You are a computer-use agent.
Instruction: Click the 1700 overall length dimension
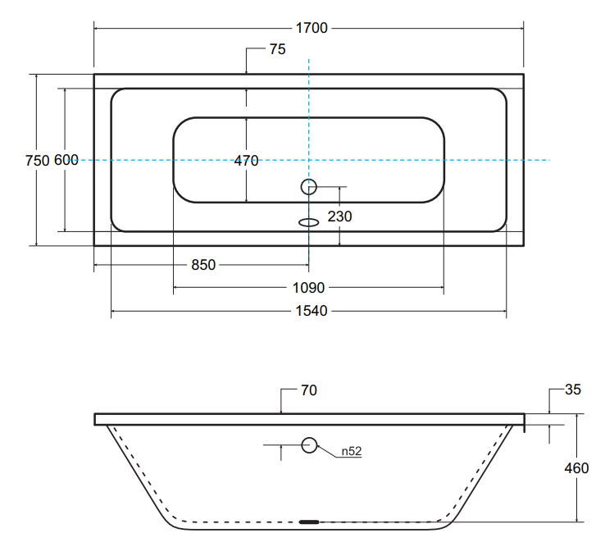pos(312,29)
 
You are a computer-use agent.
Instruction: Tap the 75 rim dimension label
pos(277,49)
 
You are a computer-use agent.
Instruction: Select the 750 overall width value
pos(38,161)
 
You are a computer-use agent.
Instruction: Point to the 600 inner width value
pos(66,161)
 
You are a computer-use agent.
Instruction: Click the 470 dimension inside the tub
pos(246,161)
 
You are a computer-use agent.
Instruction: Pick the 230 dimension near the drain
pos(339,216)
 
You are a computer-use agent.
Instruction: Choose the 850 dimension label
pos(202,265)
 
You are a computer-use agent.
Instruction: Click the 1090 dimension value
pos(309,288)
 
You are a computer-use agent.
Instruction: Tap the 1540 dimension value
pos(309,311)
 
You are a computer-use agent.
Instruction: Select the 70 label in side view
pos(308,390)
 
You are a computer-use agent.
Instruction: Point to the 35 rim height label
pos(572,390)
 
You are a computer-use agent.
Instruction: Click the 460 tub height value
pos(576,468)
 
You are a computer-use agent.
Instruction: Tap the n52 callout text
pos(352,451)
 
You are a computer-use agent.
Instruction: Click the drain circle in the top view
pos(308,187)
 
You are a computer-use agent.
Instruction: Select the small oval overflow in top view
pos(308,221)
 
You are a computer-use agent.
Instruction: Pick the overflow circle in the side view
pos(309,445)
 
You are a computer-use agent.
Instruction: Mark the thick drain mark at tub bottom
pos(309,522)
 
